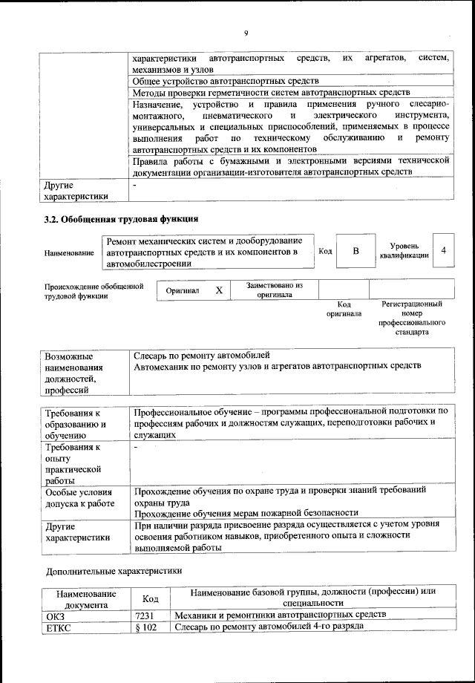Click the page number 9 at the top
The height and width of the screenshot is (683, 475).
click(x=245, y=32)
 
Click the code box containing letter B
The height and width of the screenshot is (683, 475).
click(x=356, y=251)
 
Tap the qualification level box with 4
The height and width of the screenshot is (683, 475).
click(x=443, y=251)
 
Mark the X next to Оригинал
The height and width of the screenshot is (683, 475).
click(x=219, y=290)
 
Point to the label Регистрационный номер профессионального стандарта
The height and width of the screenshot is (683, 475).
click(x=412, y=318)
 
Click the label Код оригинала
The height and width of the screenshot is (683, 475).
click(x=344, y=309)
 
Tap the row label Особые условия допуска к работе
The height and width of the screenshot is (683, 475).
click(x=81, y=497)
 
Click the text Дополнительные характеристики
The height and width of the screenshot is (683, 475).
click(x=114, y=571)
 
